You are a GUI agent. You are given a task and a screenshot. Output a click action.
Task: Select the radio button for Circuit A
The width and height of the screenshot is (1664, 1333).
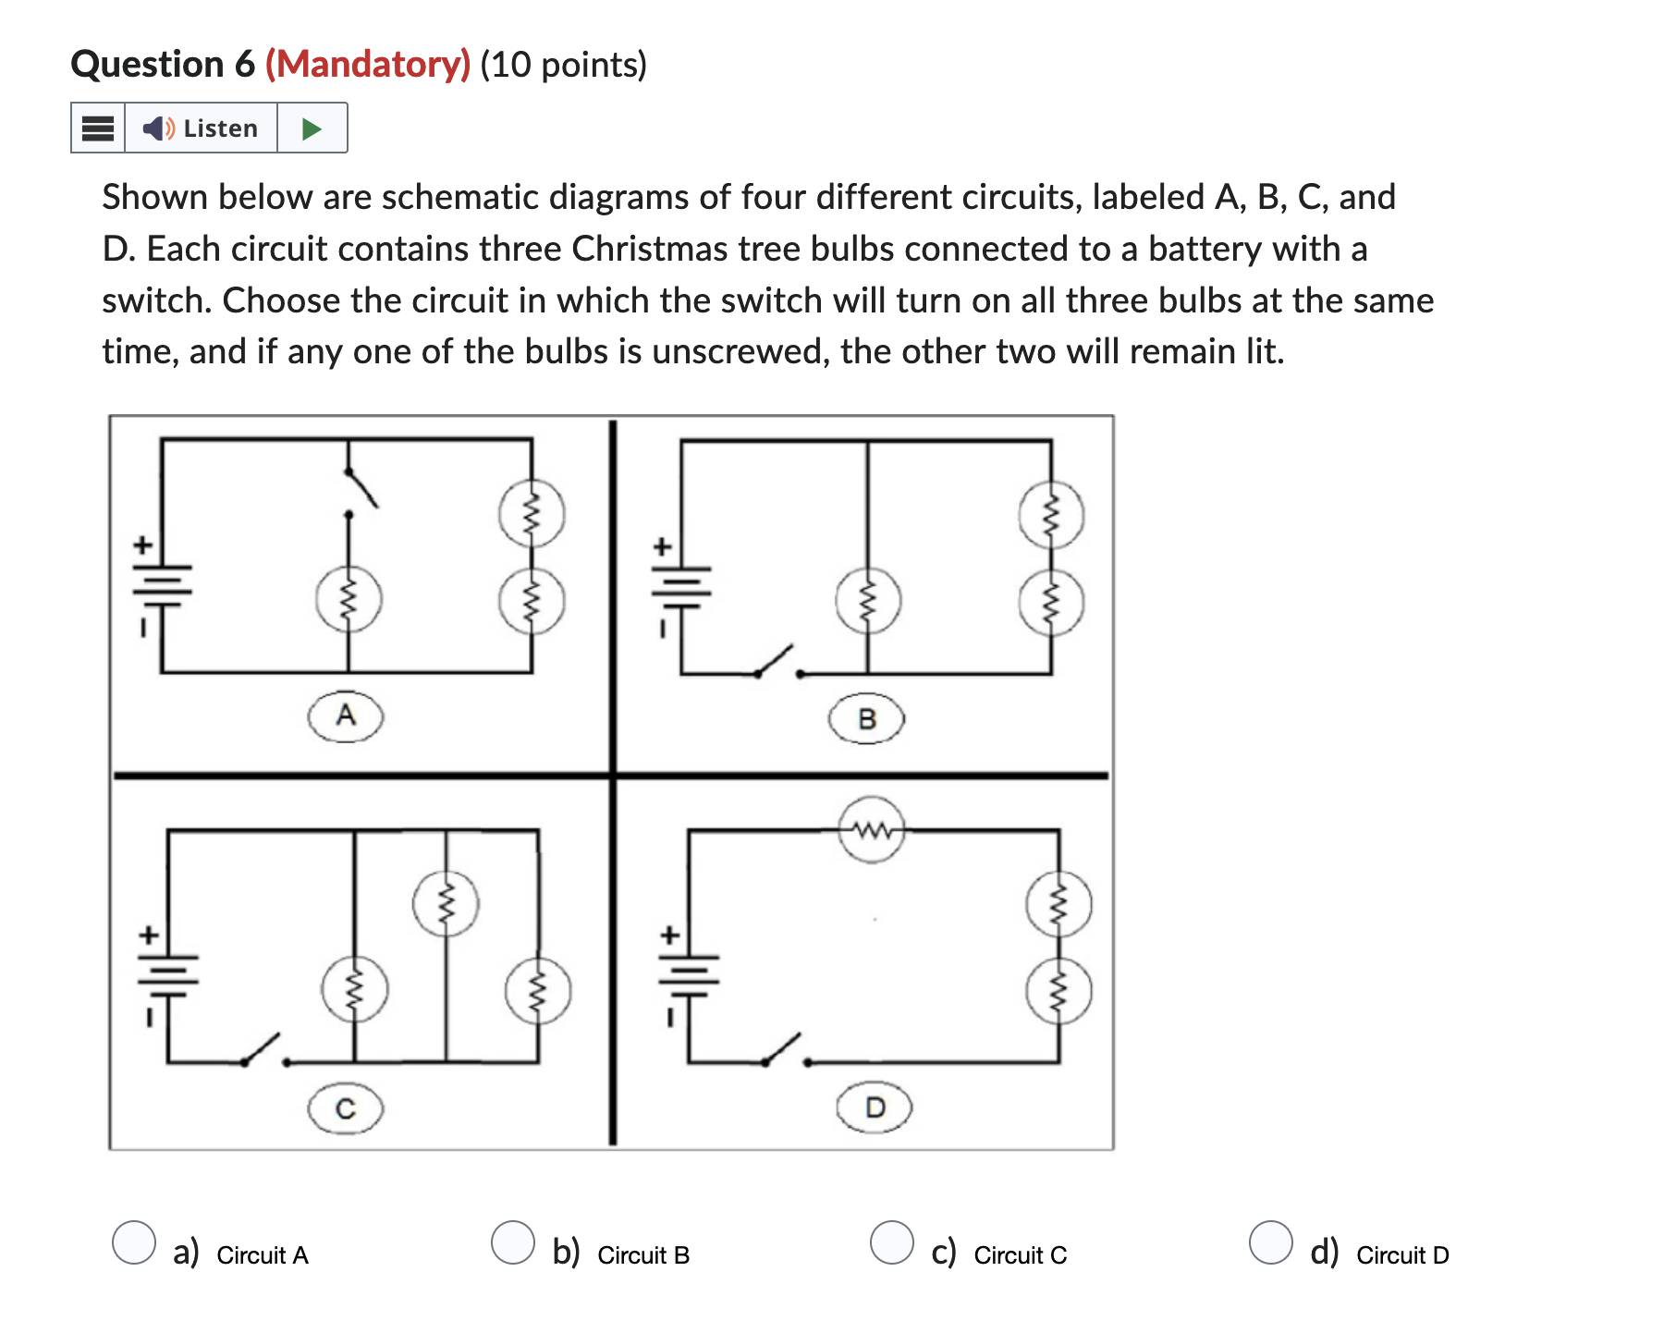pyautogui.click(x=134, y=1241)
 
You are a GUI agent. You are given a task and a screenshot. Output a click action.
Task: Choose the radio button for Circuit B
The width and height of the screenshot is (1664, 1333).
pyautogui.click(x=513, y=1241)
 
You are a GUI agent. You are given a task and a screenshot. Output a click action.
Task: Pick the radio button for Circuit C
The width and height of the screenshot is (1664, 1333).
pyautogui.click(x=892, y=1241)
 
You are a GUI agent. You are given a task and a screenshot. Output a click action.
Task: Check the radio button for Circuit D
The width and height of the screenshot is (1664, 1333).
pyautogui.click(x=1271, y=1241)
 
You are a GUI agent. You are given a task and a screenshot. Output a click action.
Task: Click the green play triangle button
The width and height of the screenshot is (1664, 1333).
pyautogui.click(x=312, y=128)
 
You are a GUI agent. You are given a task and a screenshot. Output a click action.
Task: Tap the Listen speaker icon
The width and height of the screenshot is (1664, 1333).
pyautogui.click(x=157, y=128)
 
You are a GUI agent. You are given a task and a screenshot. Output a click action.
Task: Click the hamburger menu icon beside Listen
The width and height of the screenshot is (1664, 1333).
pyautogui.click(x=98, y=128)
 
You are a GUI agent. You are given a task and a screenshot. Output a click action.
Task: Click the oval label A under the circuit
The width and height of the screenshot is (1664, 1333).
pyautogui.click(x=346, y=715)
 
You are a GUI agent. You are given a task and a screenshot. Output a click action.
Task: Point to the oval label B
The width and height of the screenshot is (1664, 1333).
pyautogui.click(x=866, y=719)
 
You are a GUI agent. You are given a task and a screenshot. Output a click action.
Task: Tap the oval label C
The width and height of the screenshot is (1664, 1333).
pyautogui.click(x=346, y=1108)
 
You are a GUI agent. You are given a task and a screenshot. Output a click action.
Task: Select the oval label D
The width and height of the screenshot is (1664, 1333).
pyautogui.click(x=875, y=1107)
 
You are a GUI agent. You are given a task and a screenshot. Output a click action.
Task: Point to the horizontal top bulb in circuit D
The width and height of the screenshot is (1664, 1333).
pyautogui.click(x=872, y=830)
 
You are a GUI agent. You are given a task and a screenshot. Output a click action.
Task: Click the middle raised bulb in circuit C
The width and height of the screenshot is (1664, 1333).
pyautogui.click(x=446, y=903)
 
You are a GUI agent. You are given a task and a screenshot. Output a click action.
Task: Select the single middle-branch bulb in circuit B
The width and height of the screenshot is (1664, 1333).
pyautogui.click(x=867, y=601)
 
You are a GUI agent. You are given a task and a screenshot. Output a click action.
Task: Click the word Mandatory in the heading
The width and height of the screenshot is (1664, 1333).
pyautogui.click(x=368, y=65)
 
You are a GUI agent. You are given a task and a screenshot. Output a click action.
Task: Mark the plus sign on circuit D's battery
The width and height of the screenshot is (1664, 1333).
pyautogui.click(x=670, y=936)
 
